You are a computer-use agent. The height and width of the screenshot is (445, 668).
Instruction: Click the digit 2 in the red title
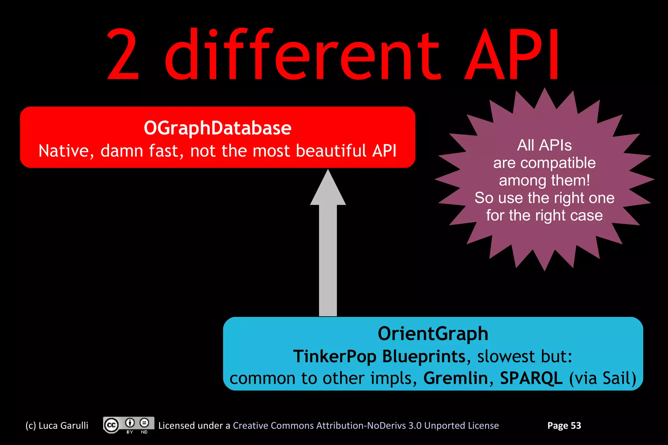[x=123, y=55]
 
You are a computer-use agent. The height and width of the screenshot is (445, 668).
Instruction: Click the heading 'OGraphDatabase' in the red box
[x=218, y=128]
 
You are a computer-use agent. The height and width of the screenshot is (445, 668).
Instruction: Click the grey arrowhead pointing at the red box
[x=328, y=189]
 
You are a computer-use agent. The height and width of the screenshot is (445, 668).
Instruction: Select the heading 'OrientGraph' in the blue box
[x=433, y=334]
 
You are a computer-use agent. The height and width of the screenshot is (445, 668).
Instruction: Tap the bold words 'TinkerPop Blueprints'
[x=379, y=356]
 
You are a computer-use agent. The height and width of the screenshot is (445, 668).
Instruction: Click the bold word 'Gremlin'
[x=456, y=378]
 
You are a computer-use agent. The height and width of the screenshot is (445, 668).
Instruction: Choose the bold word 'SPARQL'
[x=531, y=378]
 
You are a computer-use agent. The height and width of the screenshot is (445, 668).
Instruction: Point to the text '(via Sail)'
[x=603, y=378]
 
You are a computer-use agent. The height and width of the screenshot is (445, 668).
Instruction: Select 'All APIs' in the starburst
[x=544, y=145]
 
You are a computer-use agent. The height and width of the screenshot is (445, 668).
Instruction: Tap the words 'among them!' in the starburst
[x=544, y=180]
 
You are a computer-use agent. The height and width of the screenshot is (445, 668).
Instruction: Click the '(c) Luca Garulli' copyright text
[x=57, y=425]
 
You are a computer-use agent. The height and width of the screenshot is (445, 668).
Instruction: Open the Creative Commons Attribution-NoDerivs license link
[x=366, y=425]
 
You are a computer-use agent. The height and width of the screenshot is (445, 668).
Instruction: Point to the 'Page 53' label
[x=564, y=425]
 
